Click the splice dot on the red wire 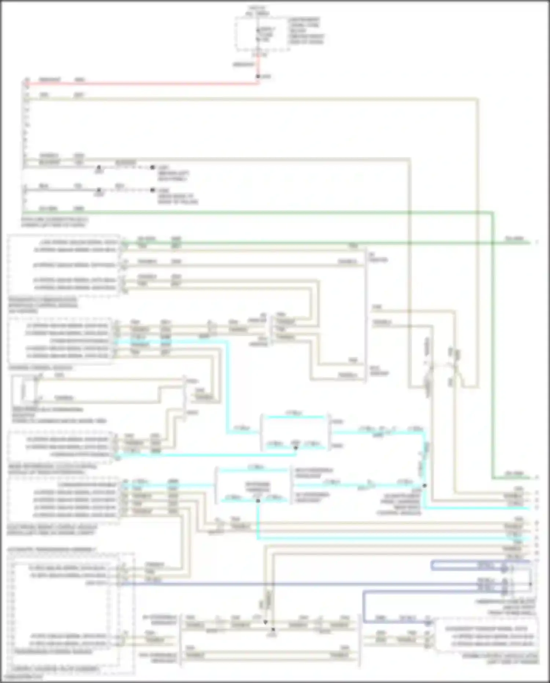pos(258,76)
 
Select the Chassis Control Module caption pos(40,367)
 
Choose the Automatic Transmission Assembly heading pos(52,549)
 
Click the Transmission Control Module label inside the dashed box pos(53,651)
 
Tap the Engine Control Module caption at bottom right pos(500,658)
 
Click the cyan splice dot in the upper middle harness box pos(296,447)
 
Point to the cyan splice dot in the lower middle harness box pos(258,501)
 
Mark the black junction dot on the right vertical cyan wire pos(425,485)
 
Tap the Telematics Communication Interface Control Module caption pos(43,305)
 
